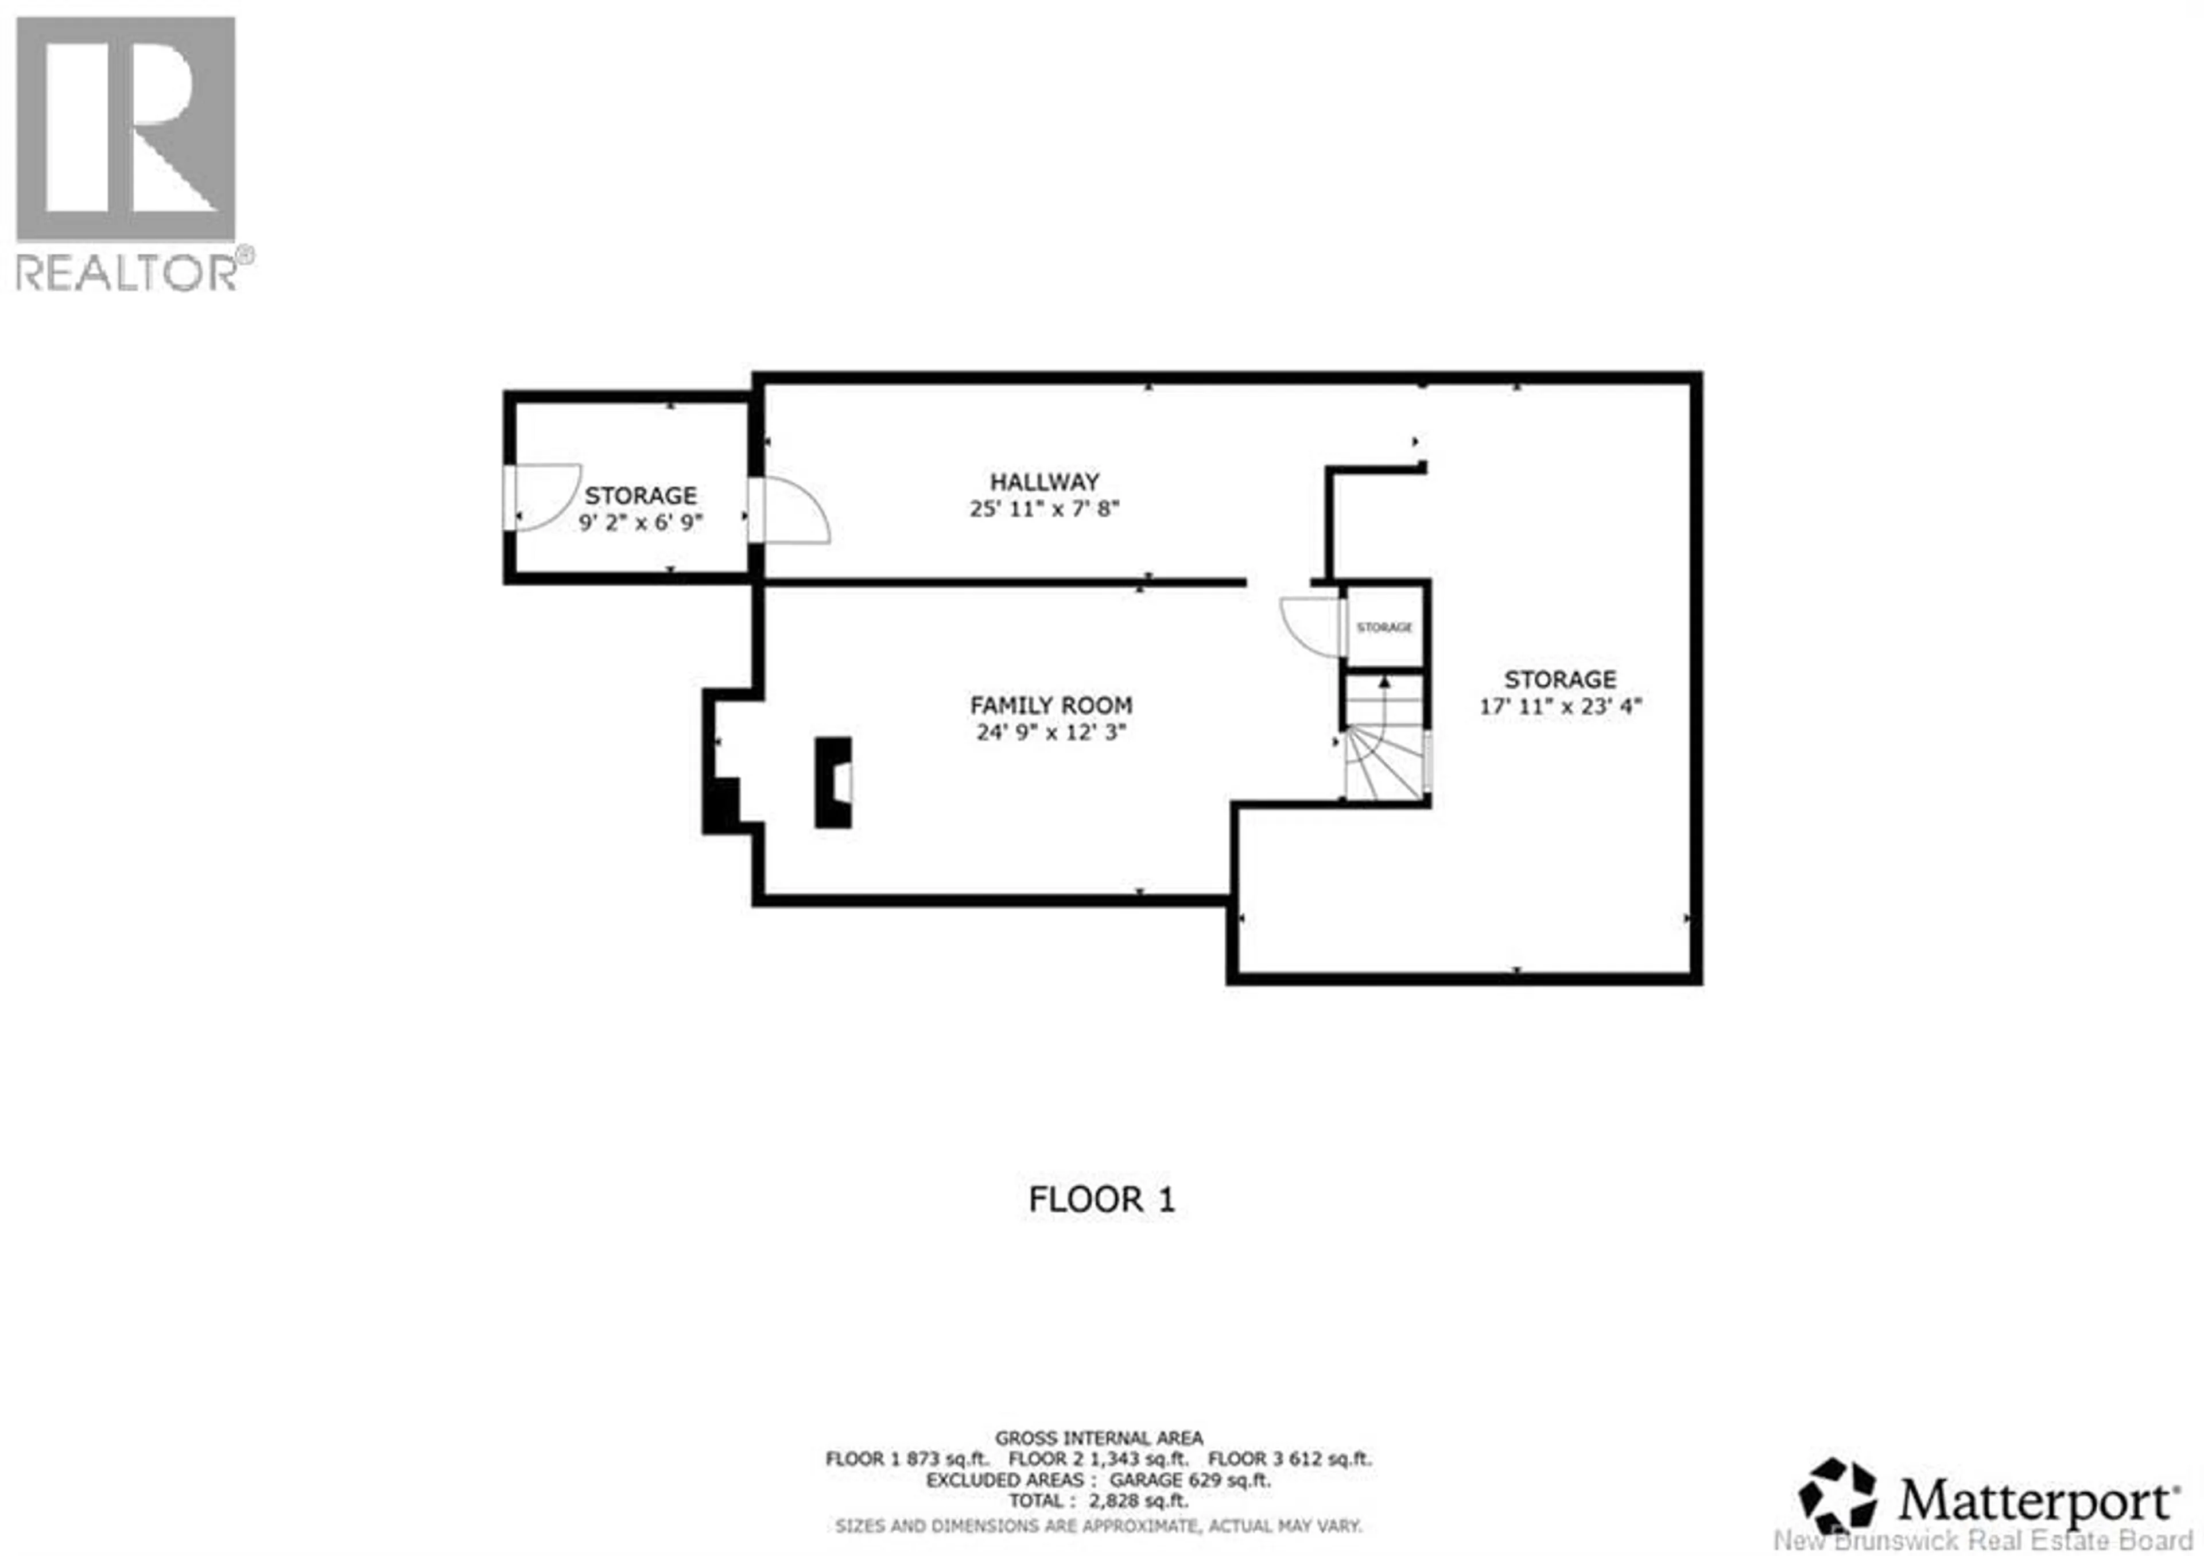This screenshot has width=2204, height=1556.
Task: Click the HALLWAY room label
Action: (x=1045, y=482)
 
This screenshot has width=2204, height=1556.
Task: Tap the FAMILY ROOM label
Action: (x=1051, y=705)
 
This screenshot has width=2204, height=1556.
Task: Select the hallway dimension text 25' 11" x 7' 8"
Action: (x=1045, y=509)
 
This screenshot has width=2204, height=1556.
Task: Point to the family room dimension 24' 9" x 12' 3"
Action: (x=1051, y=732)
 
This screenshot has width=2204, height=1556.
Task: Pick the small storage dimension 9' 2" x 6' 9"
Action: (x=641, y=522)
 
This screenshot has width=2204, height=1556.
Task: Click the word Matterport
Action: (x=2035, y=1500)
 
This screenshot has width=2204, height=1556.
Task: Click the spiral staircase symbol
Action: (x=1382, y=758)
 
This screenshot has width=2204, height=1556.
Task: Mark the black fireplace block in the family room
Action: (x=832, y=782)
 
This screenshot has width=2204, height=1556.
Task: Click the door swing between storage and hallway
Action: (x=789, y=511)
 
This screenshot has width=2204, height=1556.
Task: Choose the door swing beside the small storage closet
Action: (x=1312, y=626)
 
